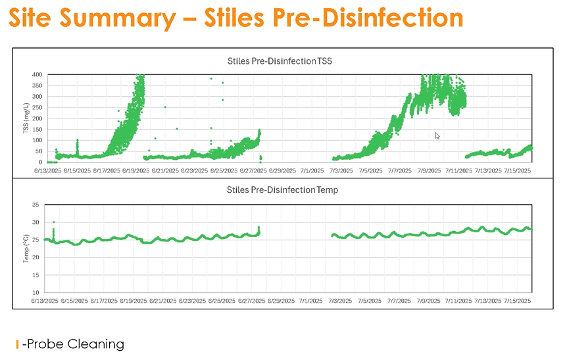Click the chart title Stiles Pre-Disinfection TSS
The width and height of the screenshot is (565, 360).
click(x=280, y=62)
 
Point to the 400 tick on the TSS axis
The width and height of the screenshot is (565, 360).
click(x=37, y=74)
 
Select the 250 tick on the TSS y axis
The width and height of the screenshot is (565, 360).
click(x=37, y=107)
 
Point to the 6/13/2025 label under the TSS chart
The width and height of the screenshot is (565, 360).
click(x=47, y=170)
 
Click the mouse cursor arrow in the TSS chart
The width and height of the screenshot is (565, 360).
click(x=437, y=136)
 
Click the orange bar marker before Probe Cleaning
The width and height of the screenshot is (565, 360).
click(x=18, y=344)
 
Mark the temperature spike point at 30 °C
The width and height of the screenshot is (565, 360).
click(x=54, y=222)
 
